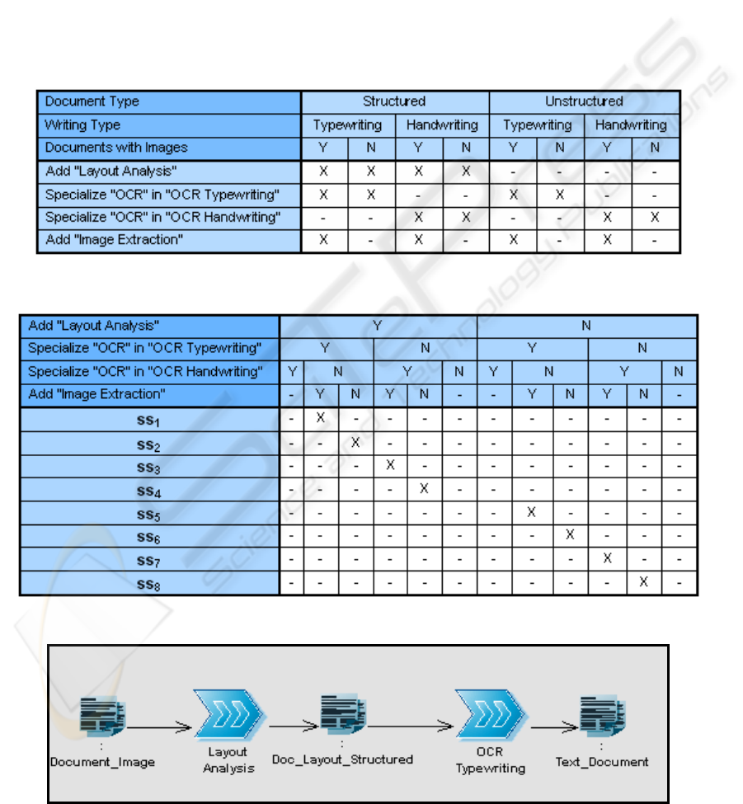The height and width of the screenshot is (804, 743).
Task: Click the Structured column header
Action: click(x=394, y=101)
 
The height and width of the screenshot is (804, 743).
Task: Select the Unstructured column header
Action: click(x=584, y=101)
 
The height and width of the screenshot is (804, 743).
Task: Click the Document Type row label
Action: click(x=92, y=101)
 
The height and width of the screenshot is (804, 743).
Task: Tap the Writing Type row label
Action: click(x=82, y=125)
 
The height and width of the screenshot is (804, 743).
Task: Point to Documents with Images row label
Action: click(x=116, y=148)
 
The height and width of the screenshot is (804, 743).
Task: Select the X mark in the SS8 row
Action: click(x=644, y=581)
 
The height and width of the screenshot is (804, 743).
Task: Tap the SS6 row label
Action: click(x=149, y=536)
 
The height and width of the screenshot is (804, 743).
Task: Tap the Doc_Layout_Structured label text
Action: click(x=343, y=759)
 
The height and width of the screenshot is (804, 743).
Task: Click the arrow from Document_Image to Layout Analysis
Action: click(x=159, y=727)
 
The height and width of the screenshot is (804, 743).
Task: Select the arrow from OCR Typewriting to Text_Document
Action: click(x=554, y=727)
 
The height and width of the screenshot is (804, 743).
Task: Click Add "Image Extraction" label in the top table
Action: click(x=114, y=240)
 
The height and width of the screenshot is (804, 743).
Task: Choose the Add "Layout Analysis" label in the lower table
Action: click(x=93, y=325)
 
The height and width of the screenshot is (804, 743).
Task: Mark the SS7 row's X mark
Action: click(x=608, y=558)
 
